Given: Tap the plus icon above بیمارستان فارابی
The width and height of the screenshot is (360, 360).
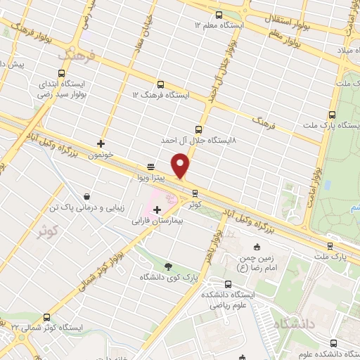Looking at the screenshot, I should point(157,209).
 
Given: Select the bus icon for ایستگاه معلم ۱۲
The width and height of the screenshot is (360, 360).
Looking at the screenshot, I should point(219,15).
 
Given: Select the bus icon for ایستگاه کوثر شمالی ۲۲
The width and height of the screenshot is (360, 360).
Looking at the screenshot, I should point(47,317).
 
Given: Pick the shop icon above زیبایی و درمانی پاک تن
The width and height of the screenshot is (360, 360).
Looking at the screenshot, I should point(86,197).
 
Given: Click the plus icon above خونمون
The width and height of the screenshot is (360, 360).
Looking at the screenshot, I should point(102,143).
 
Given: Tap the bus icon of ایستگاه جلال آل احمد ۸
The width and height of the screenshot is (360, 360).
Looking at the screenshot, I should point(198,129).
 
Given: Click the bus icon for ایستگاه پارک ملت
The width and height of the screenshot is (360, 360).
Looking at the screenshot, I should point(332,114).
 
